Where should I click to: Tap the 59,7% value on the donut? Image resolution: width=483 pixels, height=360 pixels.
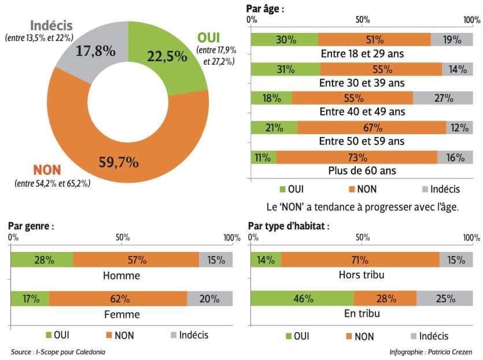118,162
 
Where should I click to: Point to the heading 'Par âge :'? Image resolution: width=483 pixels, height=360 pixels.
266,9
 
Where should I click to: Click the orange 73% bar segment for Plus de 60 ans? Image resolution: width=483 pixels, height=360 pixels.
356,157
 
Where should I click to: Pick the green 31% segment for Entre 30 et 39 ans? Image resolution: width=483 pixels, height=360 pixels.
285,69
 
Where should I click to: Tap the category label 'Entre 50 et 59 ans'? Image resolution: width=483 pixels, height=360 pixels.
361,141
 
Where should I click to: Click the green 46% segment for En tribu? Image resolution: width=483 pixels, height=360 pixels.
303,299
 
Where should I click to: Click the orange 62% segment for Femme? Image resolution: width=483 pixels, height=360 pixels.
118,299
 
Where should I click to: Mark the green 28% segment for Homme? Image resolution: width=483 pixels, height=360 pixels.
42,259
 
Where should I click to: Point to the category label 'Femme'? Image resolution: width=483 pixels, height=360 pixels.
121,314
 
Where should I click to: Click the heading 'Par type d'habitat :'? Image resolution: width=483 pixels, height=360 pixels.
288,226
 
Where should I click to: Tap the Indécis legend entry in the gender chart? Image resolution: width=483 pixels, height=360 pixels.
190,335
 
